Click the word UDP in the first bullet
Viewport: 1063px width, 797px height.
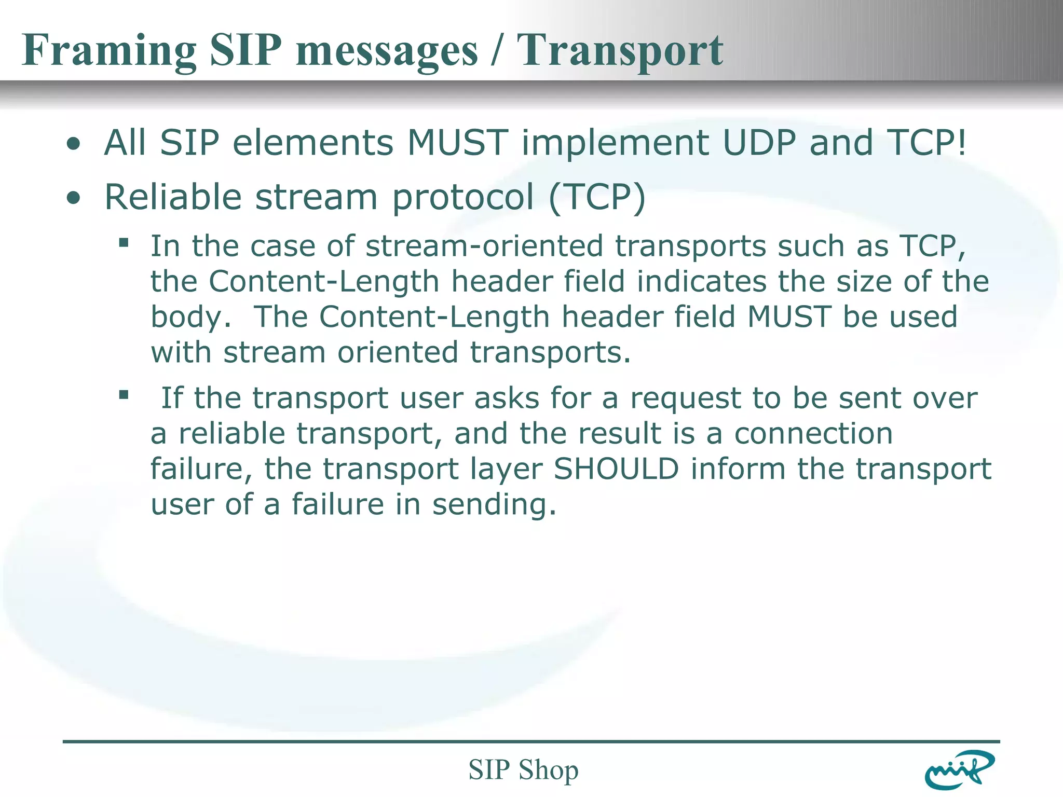(759, 143)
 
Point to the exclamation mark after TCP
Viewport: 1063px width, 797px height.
(962, 143)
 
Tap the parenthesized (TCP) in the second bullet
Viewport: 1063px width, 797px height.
(597, 198)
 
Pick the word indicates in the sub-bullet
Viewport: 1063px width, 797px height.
(701, 282)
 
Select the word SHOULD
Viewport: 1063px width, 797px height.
(616, 469)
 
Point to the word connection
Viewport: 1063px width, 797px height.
(813, 434)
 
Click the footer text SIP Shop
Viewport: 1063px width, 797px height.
(523, 769)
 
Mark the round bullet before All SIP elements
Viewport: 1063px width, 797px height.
(74, 144)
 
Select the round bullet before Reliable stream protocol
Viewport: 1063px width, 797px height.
(74, 199)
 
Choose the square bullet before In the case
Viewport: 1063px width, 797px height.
(124, 242)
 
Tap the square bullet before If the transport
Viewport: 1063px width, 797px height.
(124, 395)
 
